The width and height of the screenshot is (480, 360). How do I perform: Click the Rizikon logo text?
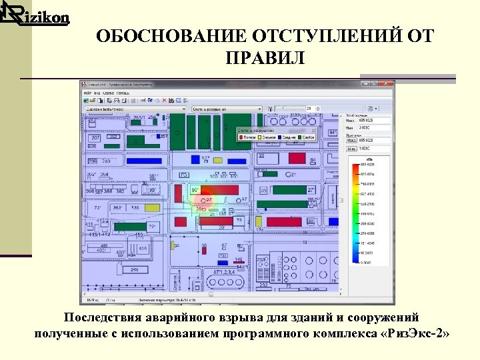coord(39,17)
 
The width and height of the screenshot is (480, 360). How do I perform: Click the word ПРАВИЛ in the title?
coord(265,59)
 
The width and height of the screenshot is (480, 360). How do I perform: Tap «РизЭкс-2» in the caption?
coord(415,333)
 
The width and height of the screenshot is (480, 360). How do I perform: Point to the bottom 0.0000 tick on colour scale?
coord(366,263)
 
